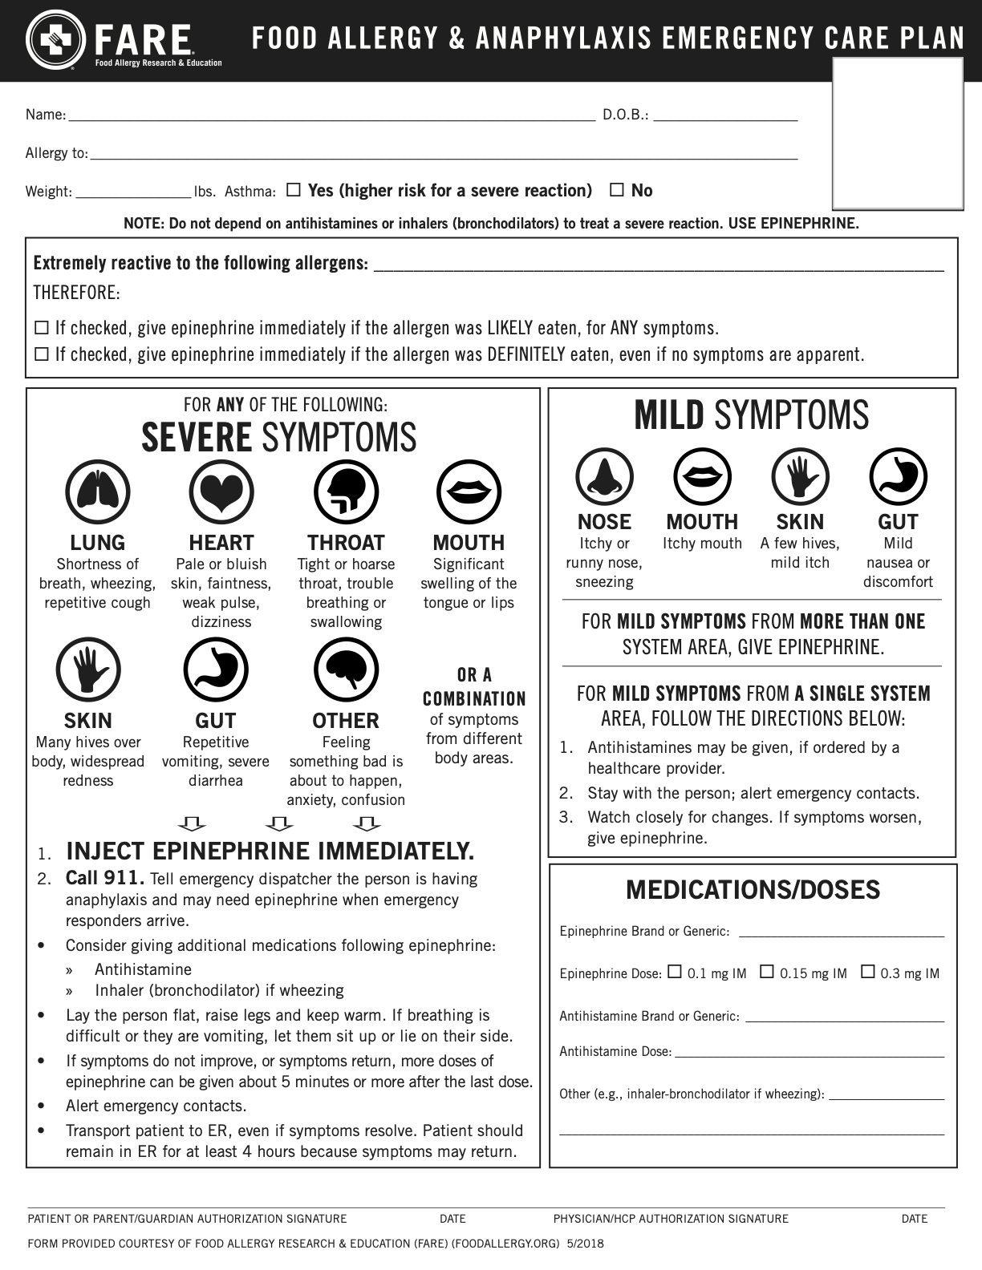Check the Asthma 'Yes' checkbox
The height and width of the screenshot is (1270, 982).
click(294, 190)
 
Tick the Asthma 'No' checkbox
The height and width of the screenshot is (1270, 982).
click(617, 190)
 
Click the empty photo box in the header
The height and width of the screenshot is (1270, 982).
click(898, 133)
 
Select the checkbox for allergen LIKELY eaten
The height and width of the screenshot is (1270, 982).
click(42, 328)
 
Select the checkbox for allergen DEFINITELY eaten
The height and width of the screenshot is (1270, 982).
click(42, 354)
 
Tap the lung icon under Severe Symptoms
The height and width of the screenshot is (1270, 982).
click(97, 492)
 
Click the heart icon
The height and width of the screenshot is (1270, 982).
click(221, 492)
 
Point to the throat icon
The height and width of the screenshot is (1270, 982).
click(346, 492)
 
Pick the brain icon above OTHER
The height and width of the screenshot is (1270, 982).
click(346, 670)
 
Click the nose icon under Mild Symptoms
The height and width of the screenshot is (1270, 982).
click(604, 477)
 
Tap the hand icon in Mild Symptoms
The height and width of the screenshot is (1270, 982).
click(800, 477)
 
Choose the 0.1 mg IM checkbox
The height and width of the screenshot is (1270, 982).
click(675, 972)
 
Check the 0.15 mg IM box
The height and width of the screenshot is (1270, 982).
click(767, 972)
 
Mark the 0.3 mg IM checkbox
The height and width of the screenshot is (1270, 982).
click(868, 972)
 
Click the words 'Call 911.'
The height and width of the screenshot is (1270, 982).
click(105, 879)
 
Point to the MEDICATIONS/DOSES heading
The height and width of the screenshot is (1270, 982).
click(753, 890)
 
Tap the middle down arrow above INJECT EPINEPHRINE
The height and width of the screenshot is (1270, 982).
click(279, 823)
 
